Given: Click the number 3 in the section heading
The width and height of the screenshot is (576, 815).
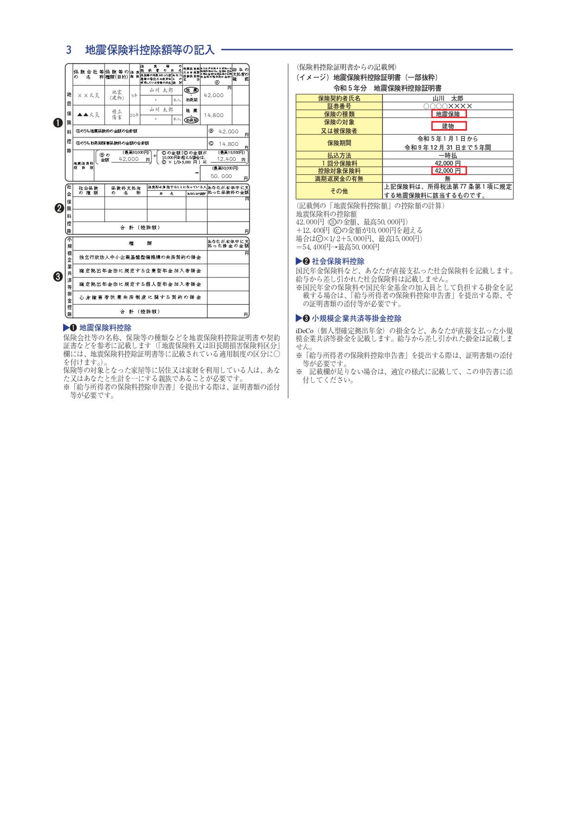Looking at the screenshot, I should pyautogui.click(x=69, y=50).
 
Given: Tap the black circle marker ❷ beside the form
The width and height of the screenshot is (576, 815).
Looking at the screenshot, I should pyautogui.click(x=58, y=209).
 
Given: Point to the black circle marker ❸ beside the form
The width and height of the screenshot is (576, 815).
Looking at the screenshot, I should pyautogui.click(x=58, y=277).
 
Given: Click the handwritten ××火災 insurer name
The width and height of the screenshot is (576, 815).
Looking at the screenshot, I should pyautogui.click(x=88, y=95).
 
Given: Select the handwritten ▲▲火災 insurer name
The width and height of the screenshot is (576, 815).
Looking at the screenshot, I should pyautogui.click(x=88, y=115).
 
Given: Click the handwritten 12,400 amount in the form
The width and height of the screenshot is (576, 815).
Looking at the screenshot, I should pyautogui.click(x=227, y=159).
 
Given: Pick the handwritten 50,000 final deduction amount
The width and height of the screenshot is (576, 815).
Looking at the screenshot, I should pyautogui.click(x=221, y=177).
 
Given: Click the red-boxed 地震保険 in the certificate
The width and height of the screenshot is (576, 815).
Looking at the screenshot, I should pyautogui.click(x=448, y=114).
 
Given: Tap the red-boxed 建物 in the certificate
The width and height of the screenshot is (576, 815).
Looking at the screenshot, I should pyautogui.click(x=448, y=126).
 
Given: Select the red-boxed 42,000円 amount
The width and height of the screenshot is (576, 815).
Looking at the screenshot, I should pyautogui.click(x=448, y=171).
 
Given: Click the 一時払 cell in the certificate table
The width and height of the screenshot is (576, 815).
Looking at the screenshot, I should pyautogui.click(x=448, y=156).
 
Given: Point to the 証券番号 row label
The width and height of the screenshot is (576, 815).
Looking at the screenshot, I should pyautogui.click(x=339, y=106).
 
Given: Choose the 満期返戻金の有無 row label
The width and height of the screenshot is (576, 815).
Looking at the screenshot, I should pyautogui.click(x=339, y=179).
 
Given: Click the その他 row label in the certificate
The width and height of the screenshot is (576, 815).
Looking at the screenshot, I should pyautogui.click(x=339, y=191).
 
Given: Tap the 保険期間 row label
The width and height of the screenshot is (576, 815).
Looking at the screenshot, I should pyautogui.click(x=339, y=143).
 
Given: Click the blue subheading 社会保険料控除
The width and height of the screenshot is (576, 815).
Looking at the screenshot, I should pyautogui.click(x=338, y=261).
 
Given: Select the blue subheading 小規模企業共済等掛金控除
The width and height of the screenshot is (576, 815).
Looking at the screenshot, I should pyautogui.click(x=356, y=318).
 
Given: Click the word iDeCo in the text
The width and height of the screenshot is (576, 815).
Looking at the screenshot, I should pyautogui.click(x=304, y=331).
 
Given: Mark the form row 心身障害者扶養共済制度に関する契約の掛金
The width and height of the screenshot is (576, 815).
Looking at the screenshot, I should pyautogui.click(x=140, y=297).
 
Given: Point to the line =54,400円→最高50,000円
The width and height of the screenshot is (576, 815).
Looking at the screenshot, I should pyautogui.click(x=338, y=247).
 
